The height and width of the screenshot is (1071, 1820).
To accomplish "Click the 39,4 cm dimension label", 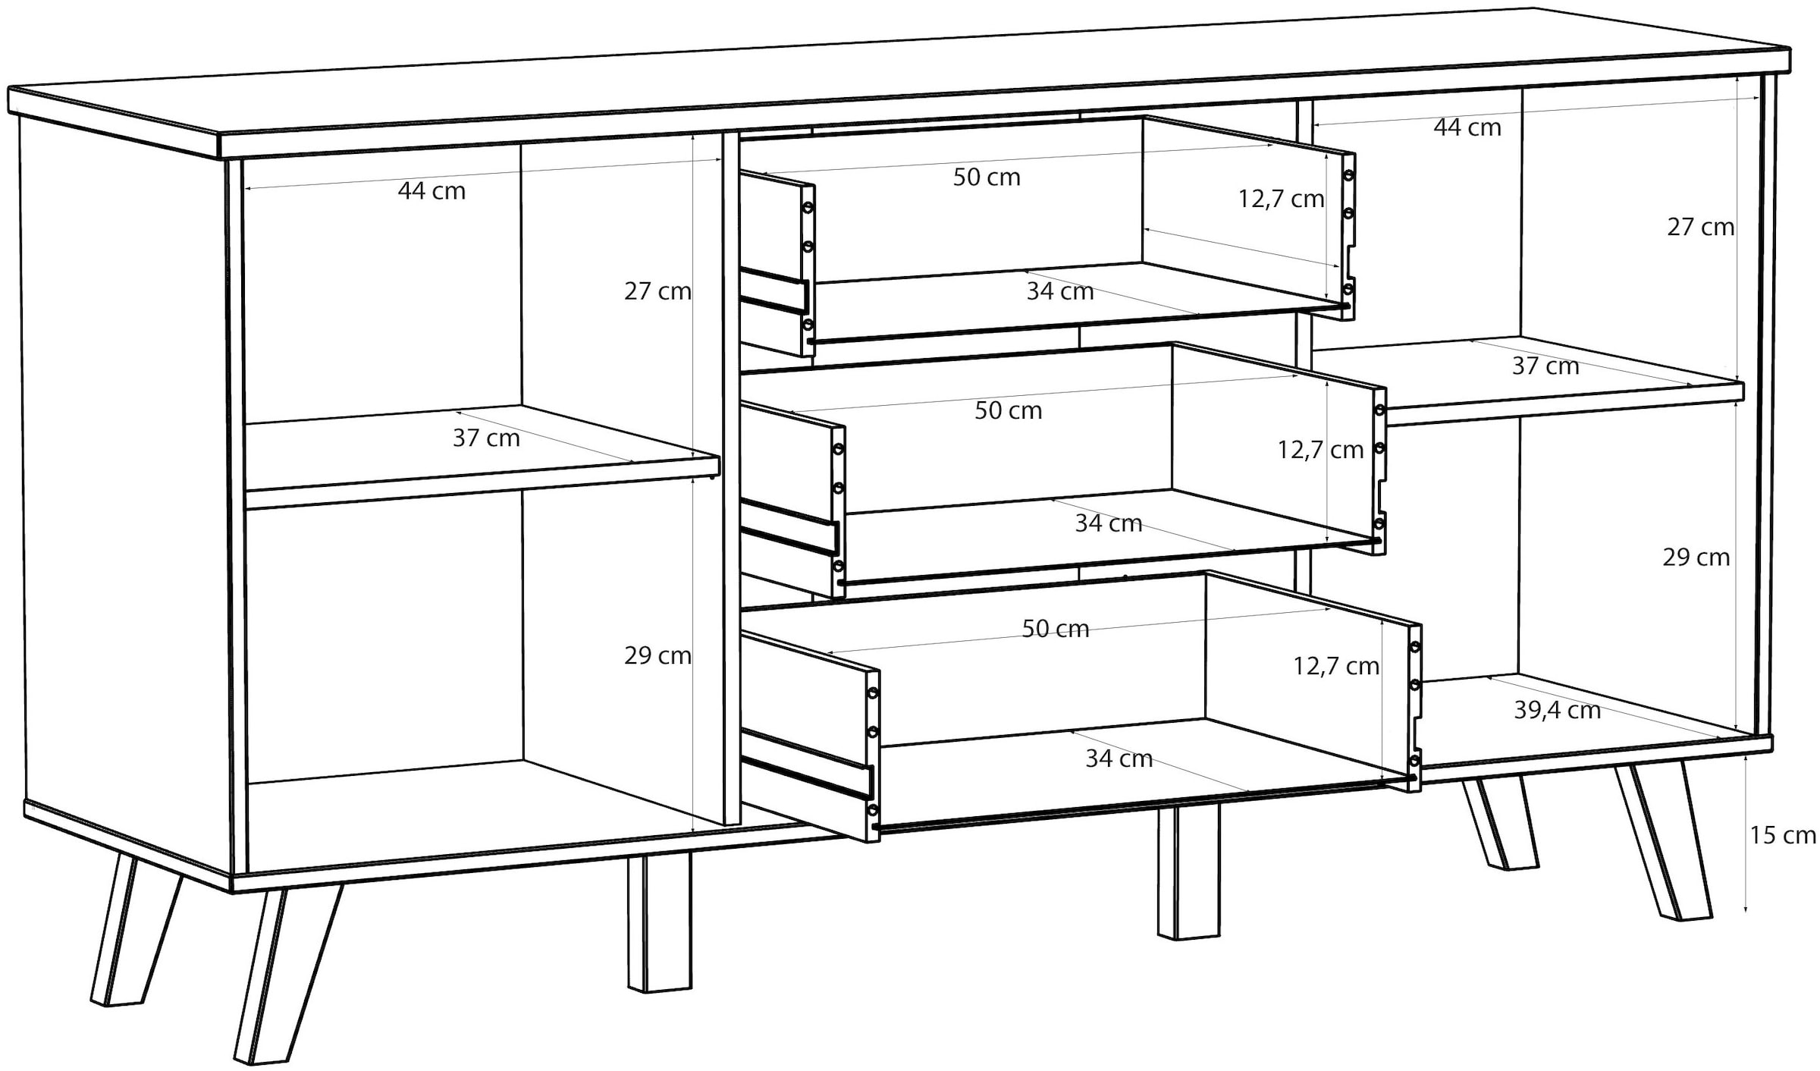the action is click(x=1558, y=710).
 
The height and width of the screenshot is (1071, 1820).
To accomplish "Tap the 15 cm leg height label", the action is click(x=1783, y=835).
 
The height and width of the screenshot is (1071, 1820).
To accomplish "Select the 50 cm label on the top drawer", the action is click(x=987, y=177).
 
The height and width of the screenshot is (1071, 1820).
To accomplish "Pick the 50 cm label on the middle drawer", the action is click(x=1009, y=410).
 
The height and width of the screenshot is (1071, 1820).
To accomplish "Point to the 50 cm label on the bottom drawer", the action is click(x=1056, y=629).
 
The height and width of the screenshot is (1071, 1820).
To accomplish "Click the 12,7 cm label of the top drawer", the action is click(x=1282, y=199).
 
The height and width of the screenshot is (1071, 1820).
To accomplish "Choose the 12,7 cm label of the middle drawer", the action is click(x=1321, y=450).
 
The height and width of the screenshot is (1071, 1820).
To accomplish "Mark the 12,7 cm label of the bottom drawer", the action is click(x=1336, y=666).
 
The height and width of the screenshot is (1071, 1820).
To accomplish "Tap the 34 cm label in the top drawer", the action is click(x=1060, y=291).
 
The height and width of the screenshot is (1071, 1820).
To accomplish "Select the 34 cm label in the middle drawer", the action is click(x=1109, y=523).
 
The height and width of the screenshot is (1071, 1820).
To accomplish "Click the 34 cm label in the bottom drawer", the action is click(x=1119, y=758).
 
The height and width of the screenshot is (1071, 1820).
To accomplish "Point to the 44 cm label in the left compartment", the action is click(x=431, y=191).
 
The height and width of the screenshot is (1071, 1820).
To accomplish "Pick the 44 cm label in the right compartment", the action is click(x=1467, y=127).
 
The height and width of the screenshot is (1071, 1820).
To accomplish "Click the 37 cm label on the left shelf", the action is click(x=486, y=438).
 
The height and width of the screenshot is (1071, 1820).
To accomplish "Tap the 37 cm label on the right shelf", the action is click(x=1545, y=366).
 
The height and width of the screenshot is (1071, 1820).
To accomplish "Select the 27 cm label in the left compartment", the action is click(x=657, y=291).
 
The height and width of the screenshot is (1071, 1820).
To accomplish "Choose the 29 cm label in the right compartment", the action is click(x=1696, y=557).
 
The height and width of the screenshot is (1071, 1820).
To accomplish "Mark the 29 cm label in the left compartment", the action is click(x=657, y=655).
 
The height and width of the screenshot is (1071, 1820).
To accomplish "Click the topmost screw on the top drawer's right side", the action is click(x=1348, y=175).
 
